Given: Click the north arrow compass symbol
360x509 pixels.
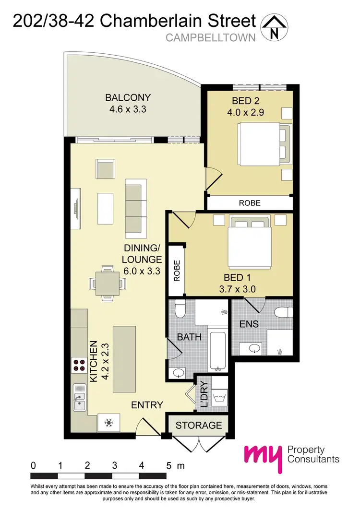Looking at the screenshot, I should pyautogui.click(x=274, y=28).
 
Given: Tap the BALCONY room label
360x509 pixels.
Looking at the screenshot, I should pyautogui.click(x=128, y=98).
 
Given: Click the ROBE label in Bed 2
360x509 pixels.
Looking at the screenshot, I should pyautogui.click(x=250, y=203).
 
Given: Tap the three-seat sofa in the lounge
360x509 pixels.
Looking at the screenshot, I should pyautogui.click(x=136, y=205).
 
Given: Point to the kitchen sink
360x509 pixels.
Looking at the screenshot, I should pyautogui.click(x=79, y=397).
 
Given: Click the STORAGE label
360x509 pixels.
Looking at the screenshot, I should pyautogui.click(x=199, y=425).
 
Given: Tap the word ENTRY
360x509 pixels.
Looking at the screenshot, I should pyautogui.click(x=147, y=405).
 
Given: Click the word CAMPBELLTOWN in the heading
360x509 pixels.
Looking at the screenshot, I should pyautogui.click(x=210, y=37).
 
